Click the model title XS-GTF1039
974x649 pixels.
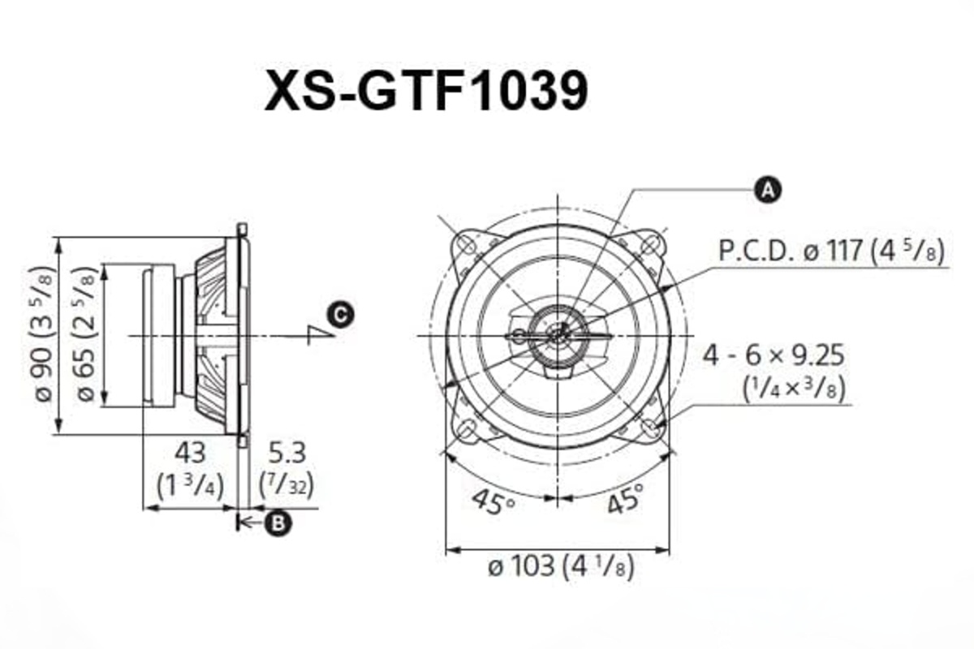pyautogui.click(x=425, y=92)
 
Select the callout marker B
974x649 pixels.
pyautogui.click(x=278, y=524)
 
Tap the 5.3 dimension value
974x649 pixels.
pyautogui.click(x=285, y=452)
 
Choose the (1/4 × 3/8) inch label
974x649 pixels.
pyautogui.click(x=795, y=389)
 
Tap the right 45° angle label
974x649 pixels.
pyautogui.click(x=624, y=499)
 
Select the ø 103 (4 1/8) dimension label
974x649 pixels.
pyautogui.click(x=560, y=565)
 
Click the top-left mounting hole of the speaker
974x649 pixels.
pyautogui.click(x=468, y=243)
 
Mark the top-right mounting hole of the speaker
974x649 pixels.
pyautogui.click(x=649, y=243)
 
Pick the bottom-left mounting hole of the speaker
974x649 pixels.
pyautogui.click(x=468, y=427)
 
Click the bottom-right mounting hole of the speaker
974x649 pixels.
pyautogui.click(x=649, y=427)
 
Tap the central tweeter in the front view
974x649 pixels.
pyautogui.click(x=558, y=334)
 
